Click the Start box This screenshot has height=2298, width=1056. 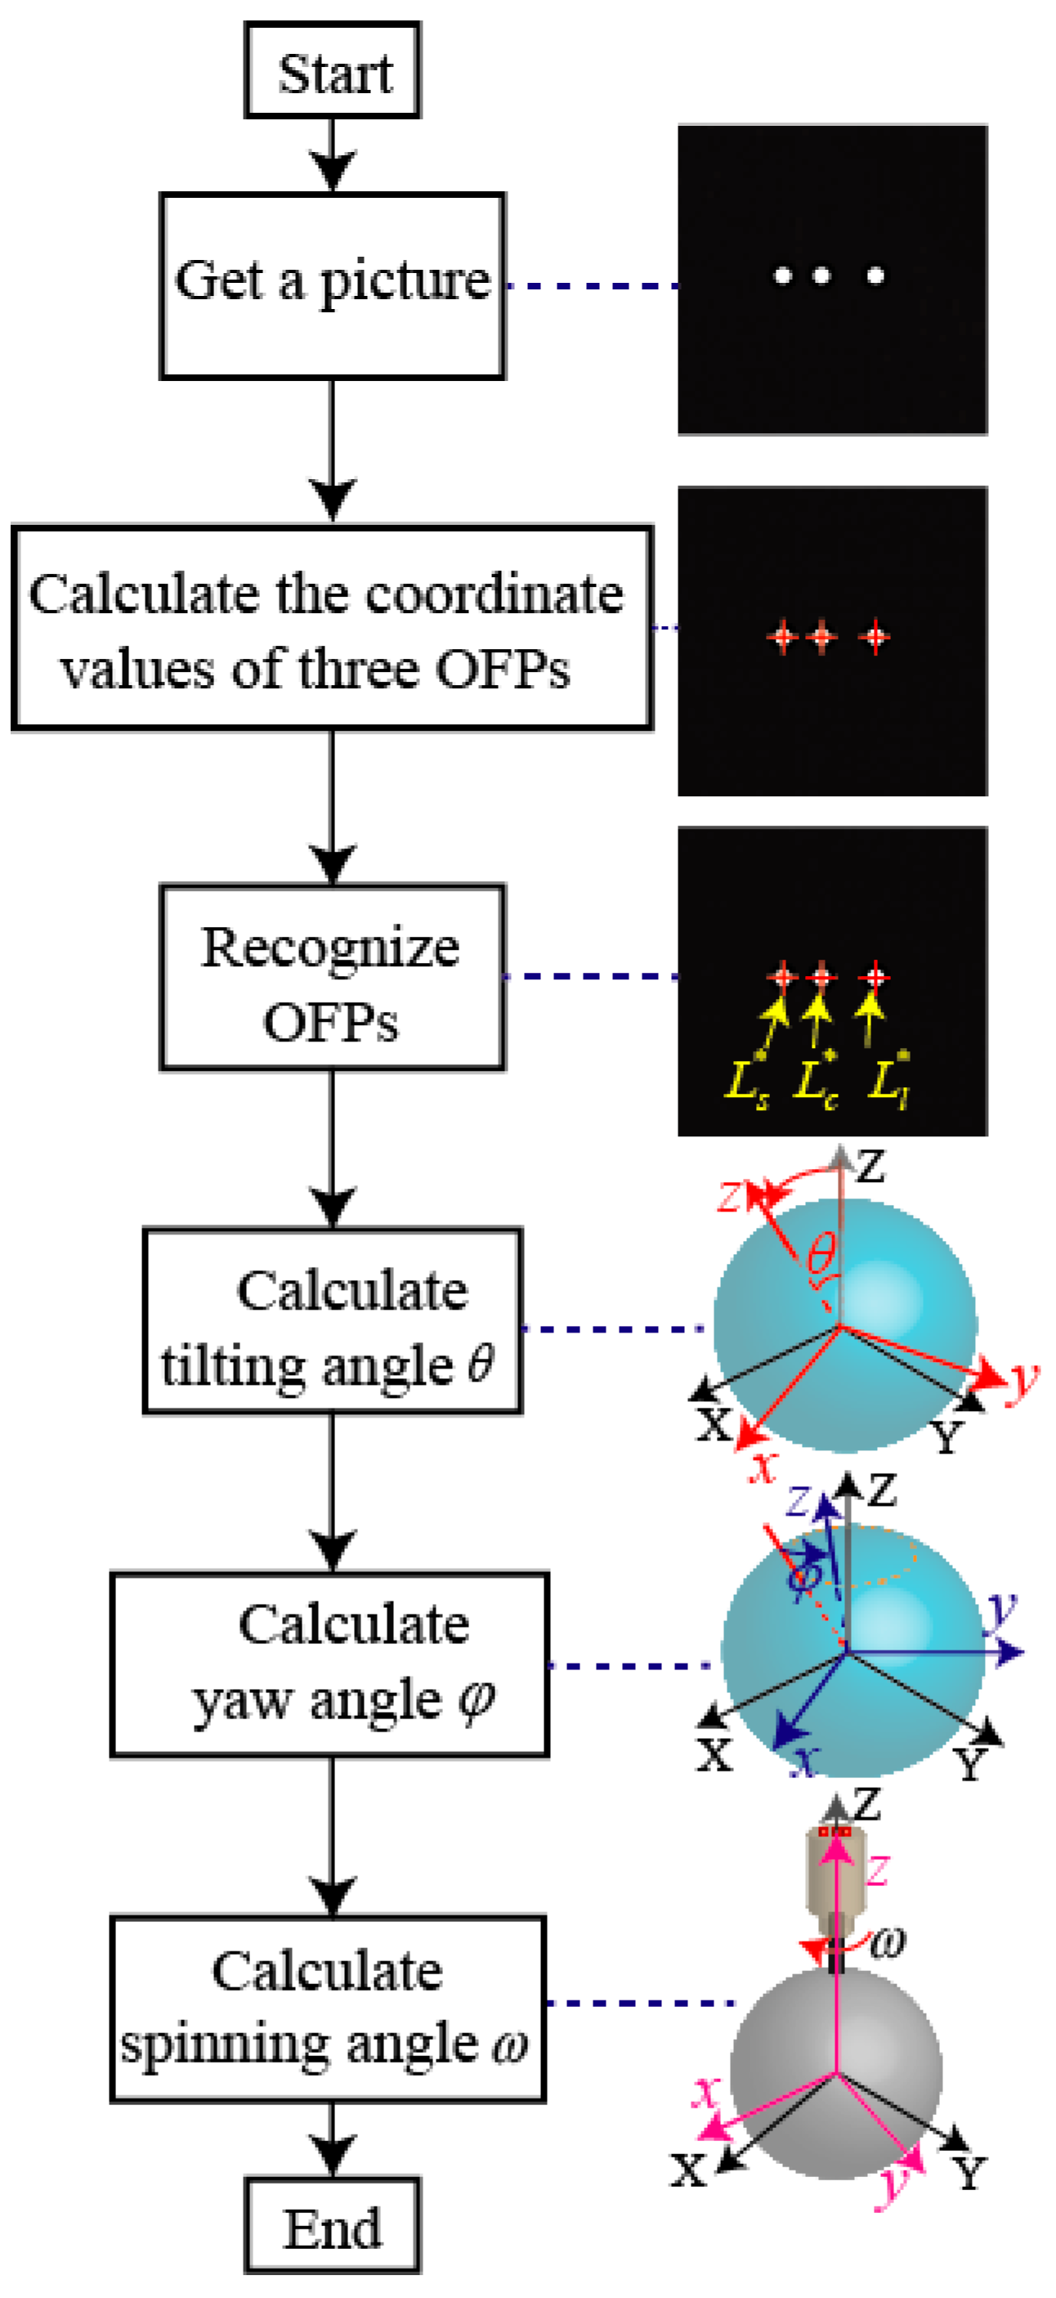coord(333,71)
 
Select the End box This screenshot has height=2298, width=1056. coord(333,2228)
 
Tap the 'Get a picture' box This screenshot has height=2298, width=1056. coord(333,285)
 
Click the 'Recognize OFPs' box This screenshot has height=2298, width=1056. coord(333,978)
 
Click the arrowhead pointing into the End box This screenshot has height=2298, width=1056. coord(333,2157)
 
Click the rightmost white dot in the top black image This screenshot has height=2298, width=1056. coord(876,275)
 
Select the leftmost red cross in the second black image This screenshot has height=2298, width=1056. coord(783,637)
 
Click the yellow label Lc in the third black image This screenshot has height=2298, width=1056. coord(815,1083)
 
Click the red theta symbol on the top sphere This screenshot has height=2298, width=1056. coord(821,1253)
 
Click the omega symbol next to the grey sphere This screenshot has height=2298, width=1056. coord(887,1942)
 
